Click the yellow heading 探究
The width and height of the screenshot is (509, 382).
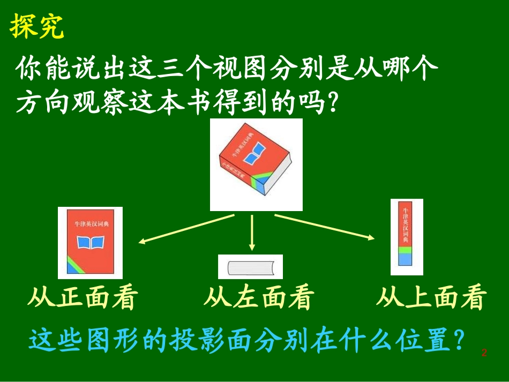coord(37,27)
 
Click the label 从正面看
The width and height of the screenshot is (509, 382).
coord(82,298)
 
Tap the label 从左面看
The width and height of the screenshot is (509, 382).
coord(258,298)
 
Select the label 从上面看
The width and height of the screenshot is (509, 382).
coord(431,298)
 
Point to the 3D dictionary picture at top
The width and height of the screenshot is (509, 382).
coord(256,164)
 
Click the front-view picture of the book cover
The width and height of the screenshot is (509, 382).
coord(90,243)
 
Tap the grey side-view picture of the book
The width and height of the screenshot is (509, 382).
coord(250,267)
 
